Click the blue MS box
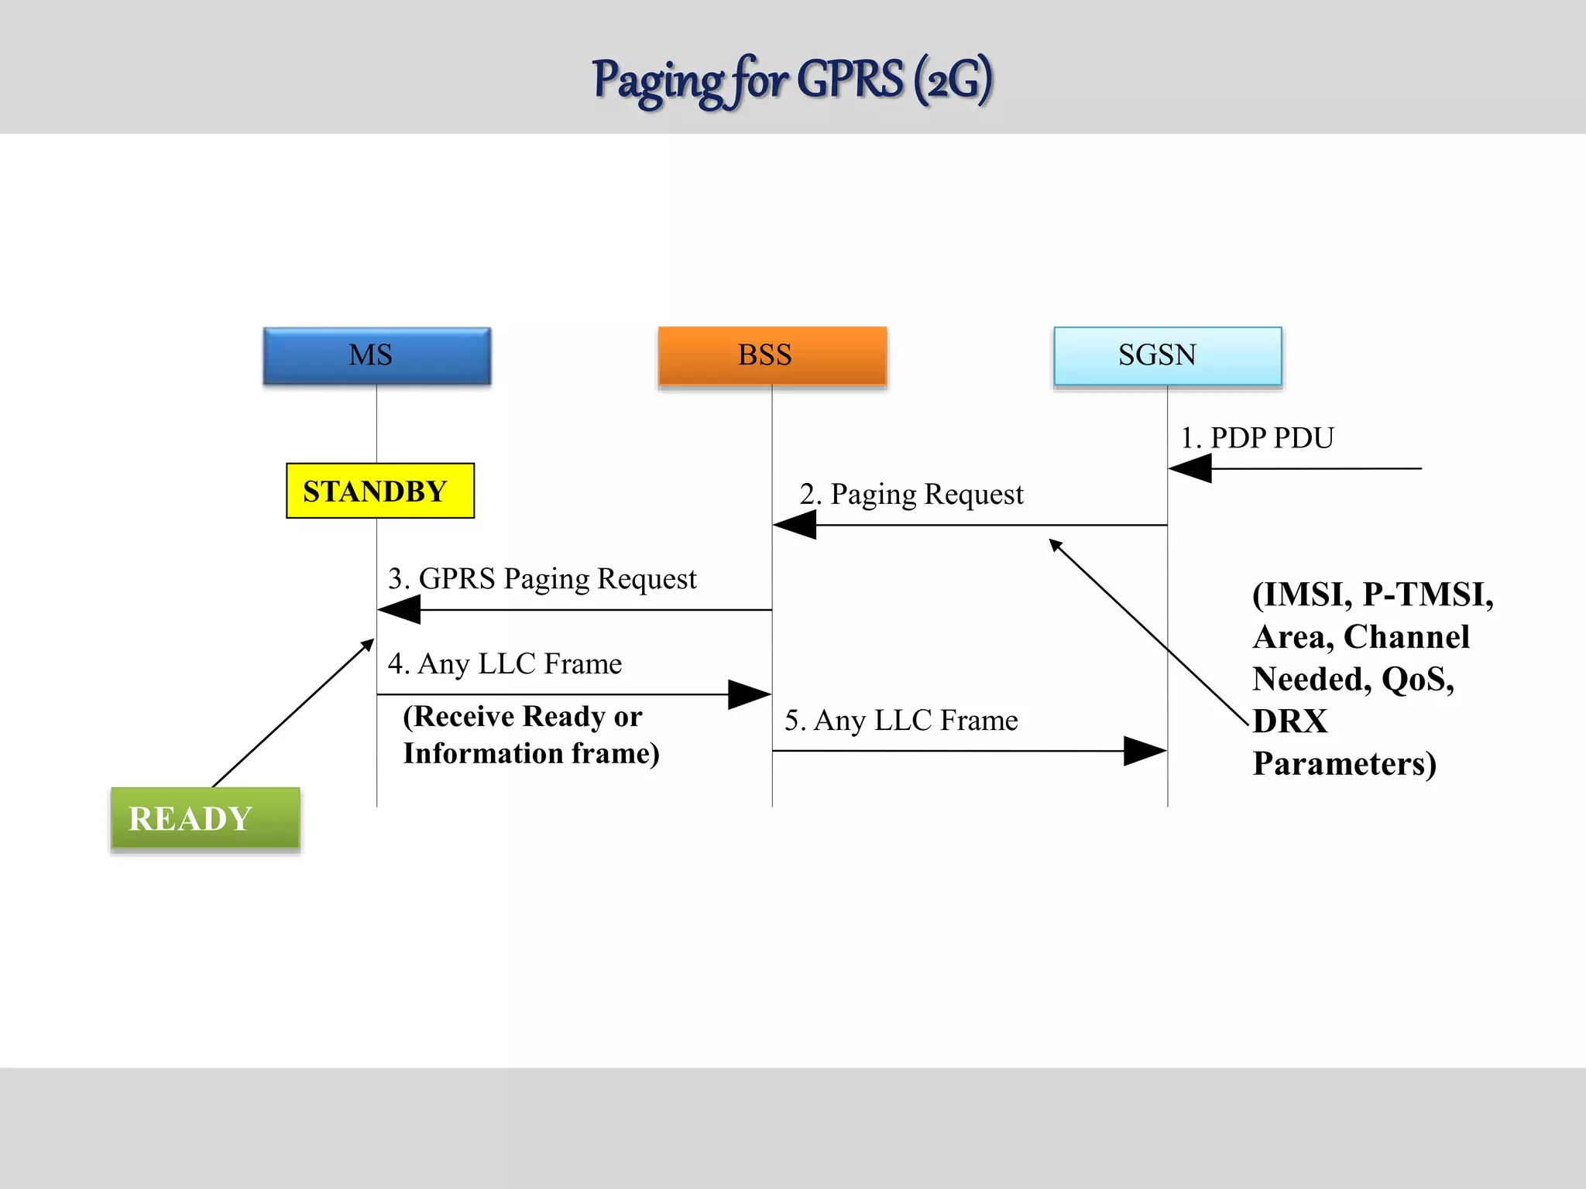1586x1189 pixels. pos(376,355)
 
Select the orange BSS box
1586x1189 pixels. pos(772,355)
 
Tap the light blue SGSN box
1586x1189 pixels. pos(1167,355)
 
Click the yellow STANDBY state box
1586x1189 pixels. pos(379,491)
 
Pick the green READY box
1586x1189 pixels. pos(205,818)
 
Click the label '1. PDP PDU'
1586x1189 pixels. pos(1256,438)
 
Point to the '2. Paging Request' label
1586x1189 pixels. pos(911,494)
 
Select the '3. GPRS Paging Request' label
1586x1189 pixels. pos(542,579)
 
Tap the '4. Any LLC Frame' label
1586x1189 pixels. pos(504,664)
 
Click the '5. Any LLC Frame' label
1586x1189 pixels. pos(901,721)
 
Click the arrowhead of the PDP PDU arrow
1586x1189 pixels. pos(1189,468)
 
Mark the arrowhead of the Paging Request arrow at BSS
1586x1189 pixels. pos(795,525)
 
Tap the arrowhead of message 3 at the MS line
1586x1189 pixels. pos(399,610)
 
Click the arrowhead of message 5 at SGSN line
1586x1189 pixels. pos(1145,751)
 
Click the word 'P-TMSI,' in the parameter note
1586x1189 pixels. pos(1427,594)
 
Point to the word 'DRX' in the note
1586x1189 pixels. pos(1289,721)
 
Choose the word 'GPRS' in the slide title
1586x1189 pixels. pos(850,80)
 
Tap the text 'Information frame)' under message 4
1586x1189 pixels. pos(531,754)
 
